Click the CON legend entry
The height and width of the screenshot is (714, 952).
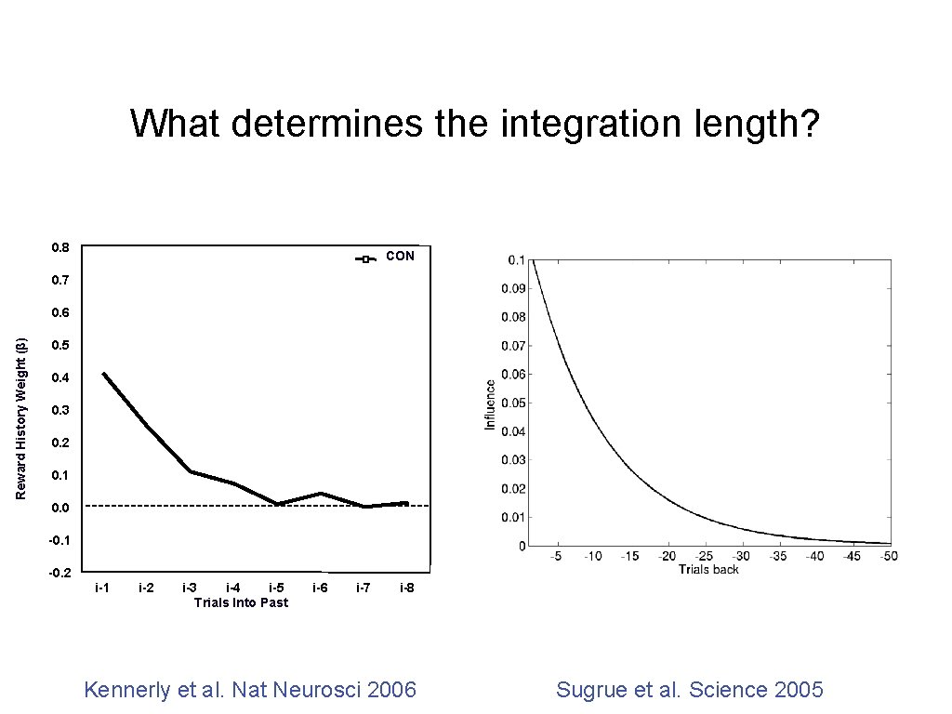point(400,256)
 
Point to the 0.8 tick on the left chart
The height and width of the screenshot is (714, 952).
point(60,247)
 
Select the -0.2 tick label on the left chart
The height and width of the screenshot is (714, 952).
point(59,573)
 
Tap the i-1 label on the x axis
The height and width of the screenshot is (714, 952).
point(102,588)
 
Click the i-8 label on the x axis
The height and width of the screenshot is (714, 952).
point(407,588)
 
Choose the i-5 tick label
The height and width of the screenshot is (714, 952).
point(277,588)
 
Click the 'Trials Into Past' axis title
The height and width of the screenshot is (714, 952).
point(241,602)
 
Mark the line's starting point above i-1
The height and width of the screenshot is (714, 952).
point(103,374)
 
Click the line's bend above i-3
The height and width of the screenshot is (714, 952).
point(191,471)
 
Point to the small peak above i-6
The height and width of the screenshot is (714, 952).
point(320,494)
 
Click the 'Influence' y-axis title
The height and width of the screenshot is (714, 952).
point(490,403)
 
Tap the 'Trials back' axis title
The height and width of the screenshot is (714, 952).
point(708,569)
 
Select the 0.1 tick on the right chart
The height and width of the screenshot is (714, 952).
point(515,259)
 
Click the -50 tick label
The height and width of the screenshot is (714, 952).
point(890,556)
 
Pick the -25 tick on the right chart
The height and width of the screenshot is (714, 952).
point(704,556)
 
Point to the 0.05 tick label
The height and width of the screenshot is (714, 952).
point(512,403)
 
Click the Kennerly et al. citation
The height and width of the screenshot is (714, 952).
point(250,690)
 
